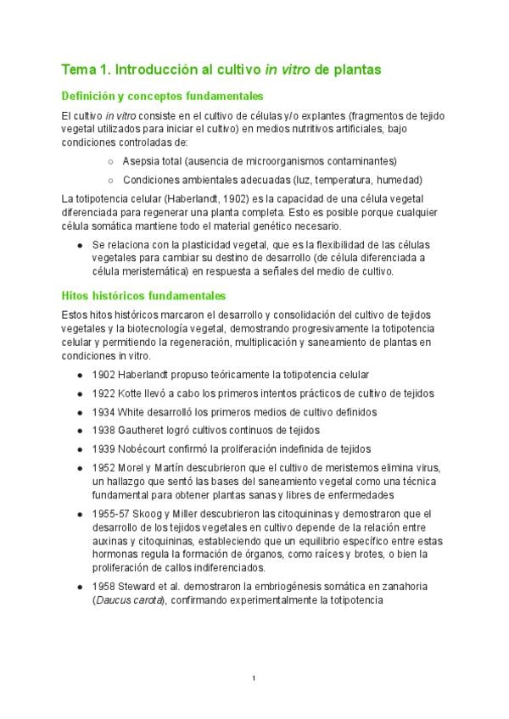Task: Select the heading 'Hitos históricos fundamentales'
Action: [x=144, y=296]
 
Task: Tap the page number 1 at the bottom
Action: [x=255, y=678]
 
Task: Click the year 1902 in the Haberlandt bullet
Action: [x=105, y=374]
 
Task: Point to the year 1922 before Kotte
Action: [x=105, y=393]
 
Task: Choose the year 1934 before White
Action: [x=105, y=411]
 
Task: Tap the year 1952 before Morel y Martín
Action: [x=105, y=468]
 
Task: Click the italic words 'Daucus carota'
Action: [x=127, y=600]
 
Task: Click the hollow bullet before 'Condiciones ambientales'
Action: [x=111, y=180]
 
